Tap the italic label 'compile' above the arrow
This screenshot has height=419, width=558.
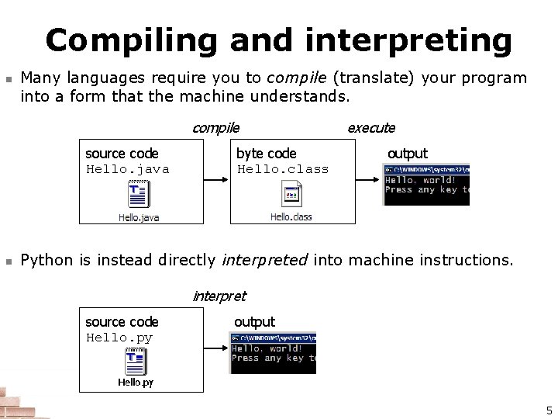(x=215, y=128)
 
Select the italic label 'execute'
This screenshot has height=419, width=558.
(x=370, y=128)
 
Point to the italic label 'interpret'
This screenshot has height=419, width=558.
(x=219, y=296)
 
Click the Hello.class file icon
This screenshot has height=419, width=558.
(x=291, y=196)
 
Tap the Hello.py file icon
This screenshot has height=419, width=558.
(x=136, y=362)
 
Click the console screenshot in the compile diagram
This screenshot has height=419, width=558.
(x=426, y=185)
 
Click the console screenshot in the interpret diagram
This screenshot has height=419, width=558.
(x=273, y=353)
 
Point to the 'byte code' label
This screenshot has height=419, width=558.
(x=266, y=154)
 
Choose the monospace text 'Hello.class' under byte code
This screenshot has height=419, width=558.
(x=283, y=169)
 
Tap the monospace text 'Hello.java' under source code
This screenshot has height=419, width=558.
(x=127, y=169)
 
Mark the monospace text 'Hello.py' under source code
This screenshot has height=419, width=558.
(x=119, y=338)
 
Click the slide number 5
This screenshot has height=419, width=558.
(x=549, y=410)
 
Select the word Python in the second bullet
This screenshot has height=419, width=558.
(x=48, y=260)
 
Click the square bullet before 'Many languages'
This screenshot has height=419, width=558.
(x=8, y=79)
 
